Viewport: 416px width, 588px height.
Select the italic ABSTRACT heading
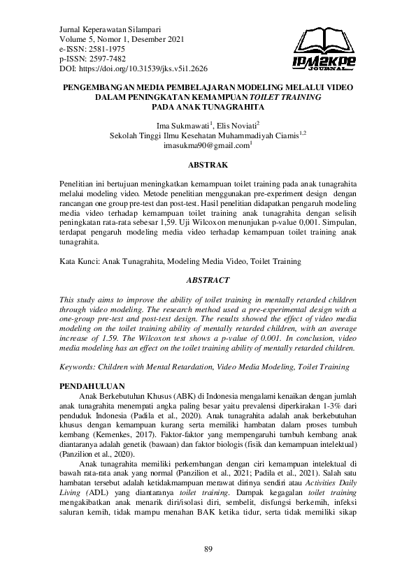[x=208, y=280]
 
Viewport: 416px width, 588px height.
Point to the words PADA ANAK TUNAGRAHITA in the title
[x=208, y=108]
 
